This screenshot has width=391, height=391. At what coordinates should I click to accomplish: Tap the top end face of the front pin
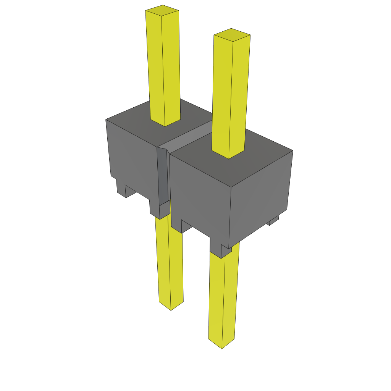tap(232, 34)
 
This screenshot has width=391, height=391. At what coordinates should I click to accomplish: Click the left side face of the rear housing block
tap(132, 160)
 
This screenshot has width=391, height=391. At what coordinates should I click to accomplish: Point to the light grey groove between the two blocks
tap(191, 139)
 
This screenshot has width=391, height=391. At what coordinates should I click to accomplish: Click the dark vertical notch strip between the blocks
tap(162, 176)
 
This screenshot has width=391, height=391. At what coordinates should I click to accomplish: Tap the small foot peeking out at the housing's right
tap(274, 220)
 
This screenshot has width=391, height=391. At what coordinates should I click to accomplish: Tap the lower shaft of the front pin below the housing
tap(223, 298)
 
